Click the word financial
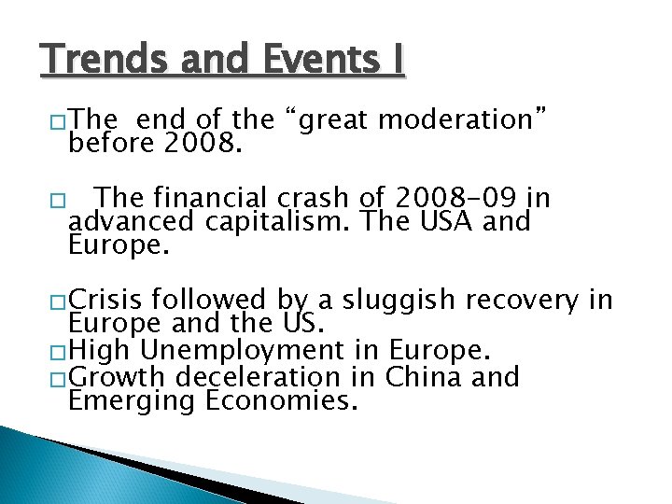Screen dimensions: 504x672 point(207,199)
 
